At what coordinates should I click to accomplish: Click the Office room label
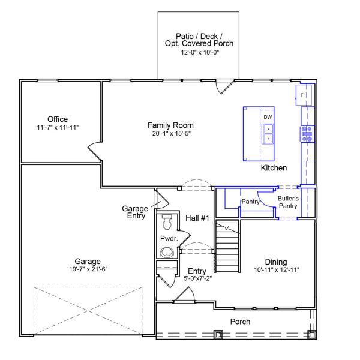coord(58,119)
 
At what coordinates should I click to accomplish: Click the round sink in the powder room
coord(167,251)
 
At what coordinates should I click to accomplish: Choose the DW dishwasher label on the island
coord(268,117)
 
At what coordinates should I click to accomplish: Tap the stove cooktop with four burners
coord(307,133)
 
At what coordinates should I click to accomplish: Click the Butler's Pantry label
coord(287,202)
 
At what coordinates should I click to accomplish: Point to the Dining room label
coord(276,262)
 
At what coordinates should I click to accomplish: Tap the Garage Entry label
coord(135,212)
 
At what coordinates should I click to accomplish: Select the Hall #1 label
coord(196,218)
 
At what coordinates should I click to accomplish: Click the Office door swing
coord(94,149)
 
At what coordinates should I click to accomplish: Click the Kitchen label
coord(274,168)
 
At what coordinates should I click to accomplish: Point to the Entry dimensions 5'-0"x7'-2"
coord(198,278)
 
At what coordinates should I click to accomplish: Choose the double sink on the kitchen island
coord(268,134)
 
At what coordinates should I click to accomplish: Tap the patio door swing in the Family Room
coord(226,87)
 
